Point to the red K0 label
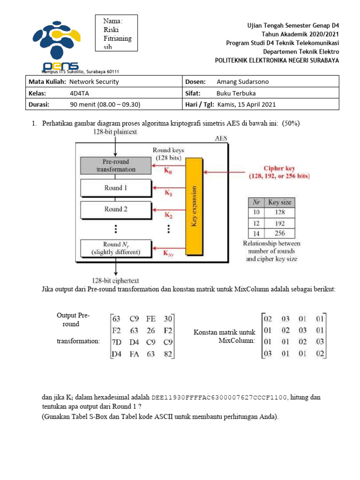168,172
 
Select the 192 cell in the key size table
279,222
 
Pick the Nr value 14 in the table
255,233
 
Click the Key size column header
279,202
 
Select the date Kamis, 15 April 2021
247,105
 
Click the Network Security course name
94,82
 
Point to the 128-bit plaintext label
115,132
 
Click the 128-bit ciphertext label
115,281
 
